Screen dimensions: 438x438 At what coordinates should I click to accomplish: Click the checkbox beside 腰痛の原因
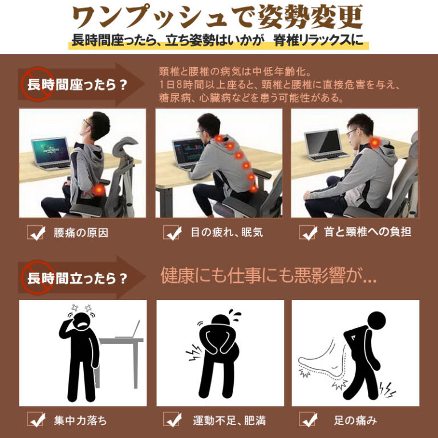(x=35, y=233)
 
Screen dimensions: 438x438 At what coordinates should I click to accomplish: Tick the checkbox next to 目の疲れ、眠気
(x=172, y=233)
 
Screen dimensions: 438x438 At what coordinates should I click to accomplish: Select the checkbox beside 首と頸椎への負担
(x=307, y=233)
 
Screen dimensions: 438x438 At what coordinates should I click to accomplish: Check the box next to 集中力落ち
(x=35, y=419)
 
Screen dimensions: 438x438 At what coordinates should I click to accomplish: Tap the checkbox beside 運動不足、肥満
(x=172, y=419)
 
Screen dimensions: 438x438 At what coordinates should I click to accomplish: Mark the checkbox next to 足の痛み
(x=307, y=419)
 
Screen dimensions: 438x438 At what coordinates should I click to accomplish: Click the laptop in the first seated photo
(x=51, y=153)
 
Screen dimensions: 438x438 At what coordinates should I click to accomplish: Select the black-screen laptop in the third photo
(x=325, y=145)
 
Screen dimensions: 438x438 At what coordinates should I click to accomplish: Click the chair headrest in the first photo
(x=124, y=146)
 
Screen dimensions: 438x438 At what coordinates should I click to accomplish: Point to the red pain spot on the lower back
(x=99, y=190)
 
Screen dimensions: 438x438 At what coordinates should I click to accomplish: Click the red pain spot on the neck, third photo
(x=375, y=143)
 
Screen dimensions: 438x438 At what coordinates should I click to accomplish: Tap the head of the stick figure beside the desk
(x=82, y=322)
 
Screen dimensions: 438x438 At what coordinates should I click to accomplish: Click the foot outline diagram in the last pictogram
(x=323, y=363)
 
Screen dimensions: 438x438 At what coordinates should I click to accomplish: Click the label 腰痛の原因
(x=81, y=233)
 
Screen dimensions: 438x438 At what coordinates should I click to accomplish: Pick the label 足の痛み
(x=355, y=420)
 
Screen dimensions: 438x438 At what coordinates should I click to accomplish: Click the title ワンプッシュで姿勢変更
(x=217, y=17)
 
